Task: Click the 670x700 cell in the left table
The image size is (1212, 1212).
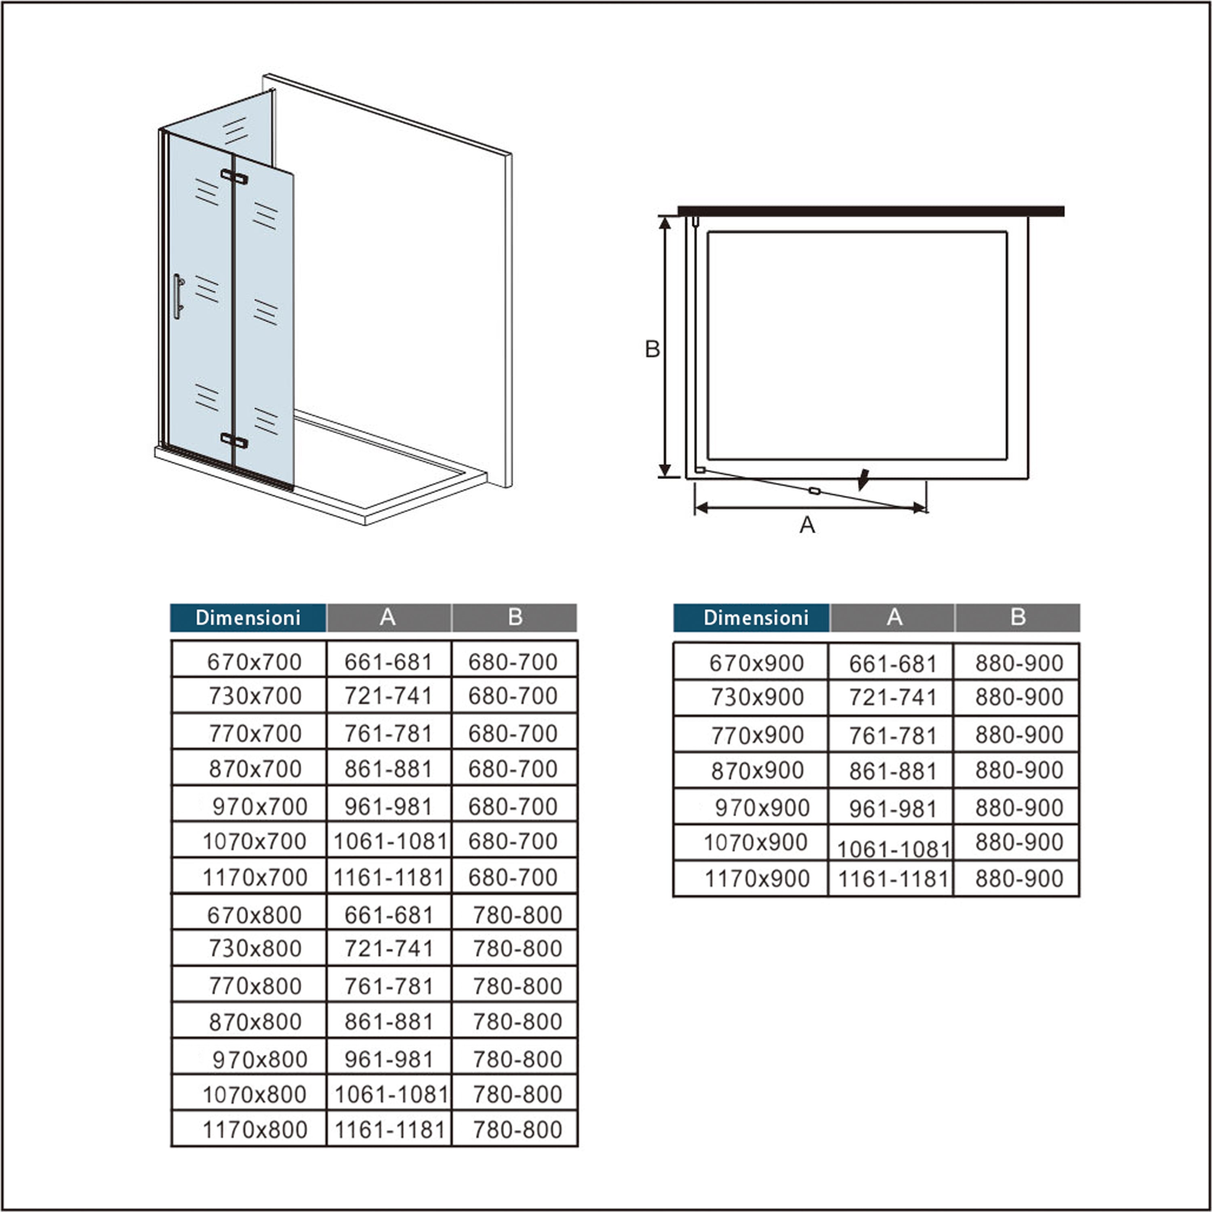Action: pyautogui.click(x=254, y=662)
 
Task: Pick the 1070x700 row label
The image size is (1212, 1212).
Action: pyautogui.click(x=254, y=841)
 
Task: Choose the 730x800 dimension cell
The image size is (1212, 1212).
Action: pyautogui.click(x=254, y=948)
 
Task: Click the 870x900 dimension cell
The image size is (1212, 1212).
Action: pyautogui.click(x=757, y=770)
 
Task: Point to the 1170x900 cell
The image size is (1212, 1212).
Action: pyautogui.click(x=757, y=879)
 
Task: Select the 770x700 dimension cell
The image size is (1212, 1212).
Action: pyautogui.click(x=254, y=733)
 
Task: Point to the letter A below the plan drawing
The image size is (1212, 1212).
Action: pyautogui.click(x=807, y=524)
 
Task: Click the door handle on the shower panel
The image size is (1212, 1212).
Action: pyautogui.click(x=178, y=296)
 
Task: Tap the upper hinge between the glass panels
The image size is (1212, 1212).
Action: pyautogui.click(x=234, y=177)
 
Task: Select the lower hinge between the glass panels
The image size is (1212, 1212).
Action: pyautogui.click(x=234, y=440)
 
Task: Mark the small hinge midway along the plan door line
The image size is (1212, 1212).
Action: pyautogui.click(x=814, y=490)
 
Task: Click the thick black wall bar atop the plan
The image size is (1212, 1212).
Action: pyautogui.click(x=871, y=211)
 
